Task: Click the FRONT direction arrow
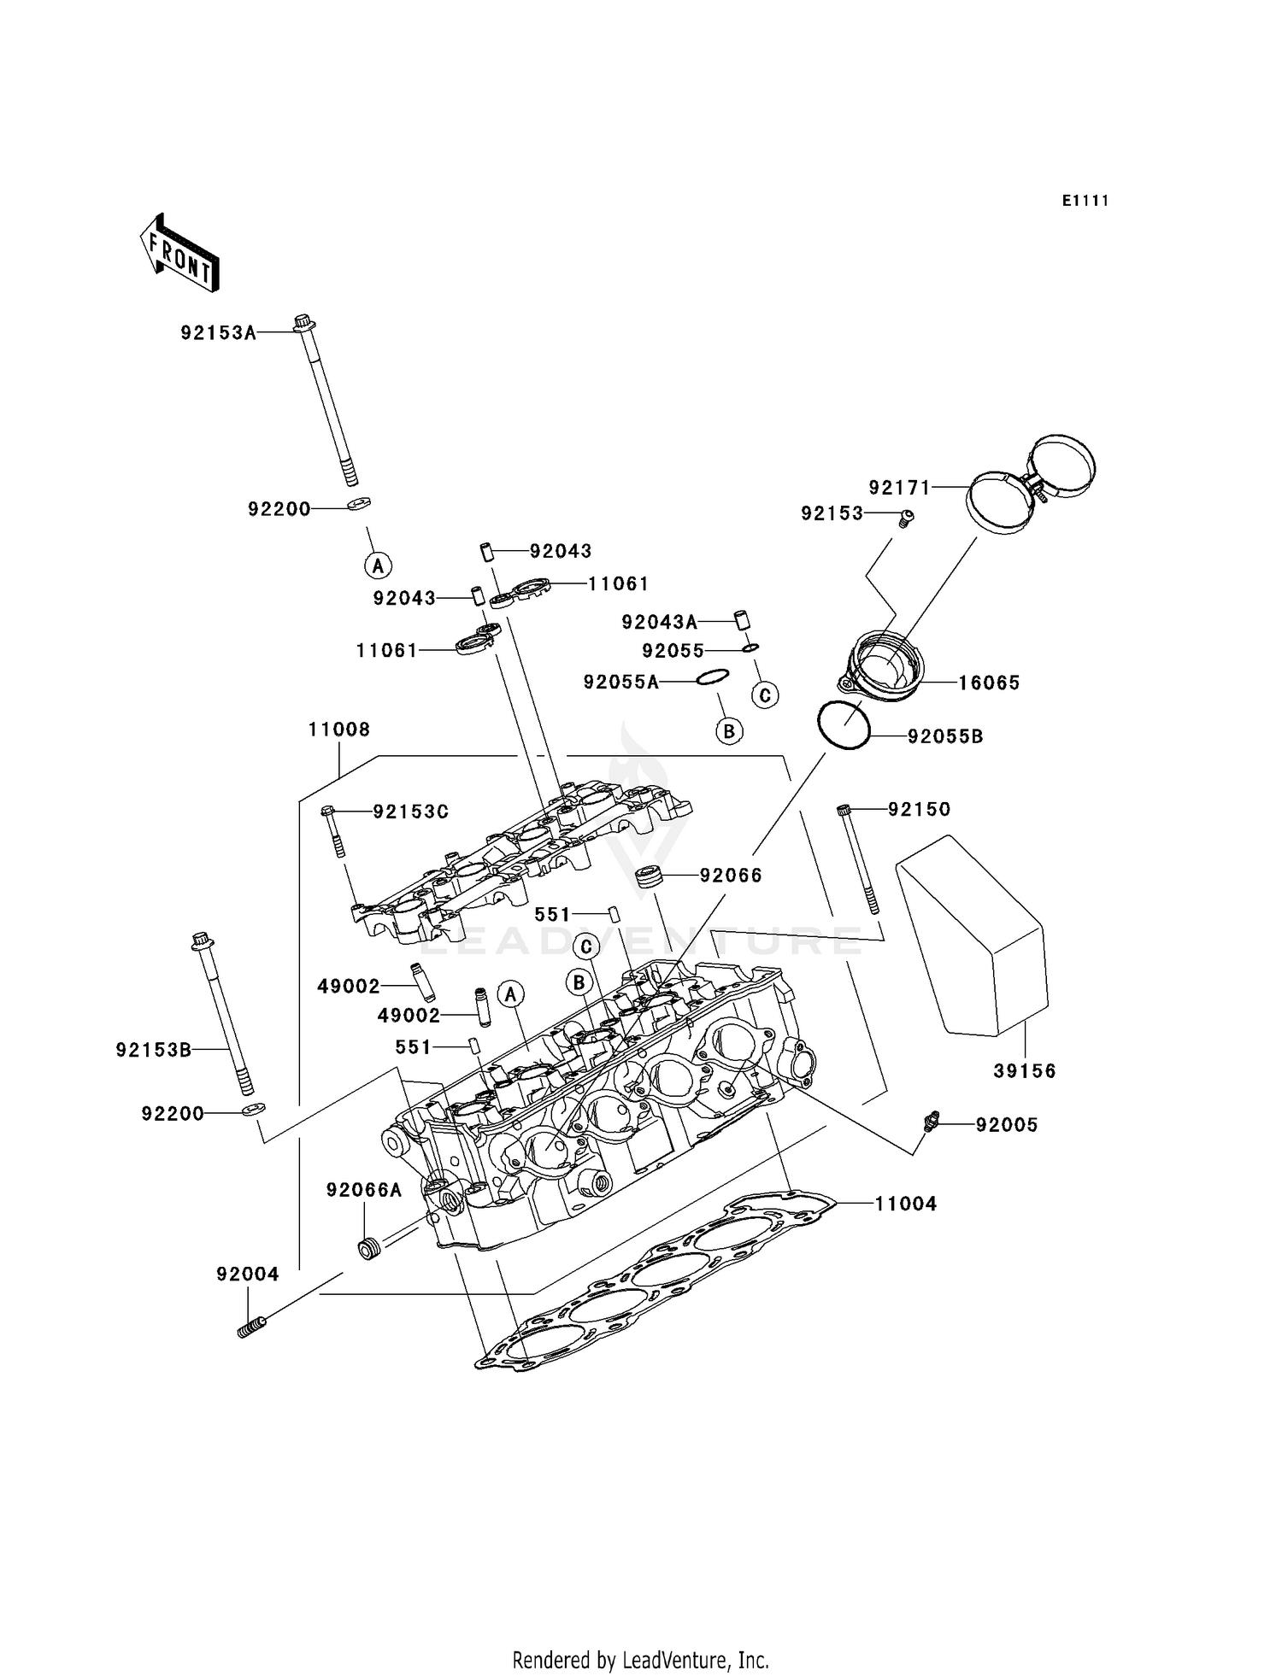click(180, 254)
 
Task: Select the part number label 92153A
click(218, 333)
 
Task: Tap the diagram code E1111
click(1085, 201)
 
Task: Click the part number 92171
click(899, 488)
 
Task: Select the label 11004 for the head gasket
click(906, 1204)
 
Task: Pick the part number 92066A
click(363, 1190)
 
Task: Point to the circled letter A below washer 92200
click(378, 565)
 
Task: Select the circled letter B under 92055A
click(729, 731)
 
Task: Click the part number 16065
click(989, 683)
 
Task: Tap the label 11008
click(339, 730)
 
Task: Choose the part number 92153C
click(410, 812)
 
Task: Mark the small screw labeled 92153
click(907, 516)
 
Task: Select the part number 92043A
click(659, 622)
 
